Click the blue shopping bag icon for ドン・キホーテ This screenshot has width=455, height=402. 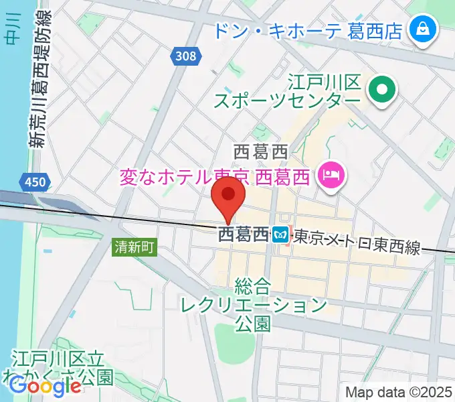tap(423, 29)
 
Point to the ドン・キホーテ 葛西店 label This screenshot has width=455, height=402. tap(308, 30)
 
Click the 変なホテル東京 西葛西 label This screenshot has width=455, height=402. tap(215, 178)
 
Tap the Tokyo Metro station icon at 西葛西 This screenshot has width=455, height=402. tap(280, 235)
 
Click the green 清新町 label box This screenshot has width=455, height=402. tap(134, 247)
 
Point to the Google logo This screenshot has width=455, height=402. tap(45, 385)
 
